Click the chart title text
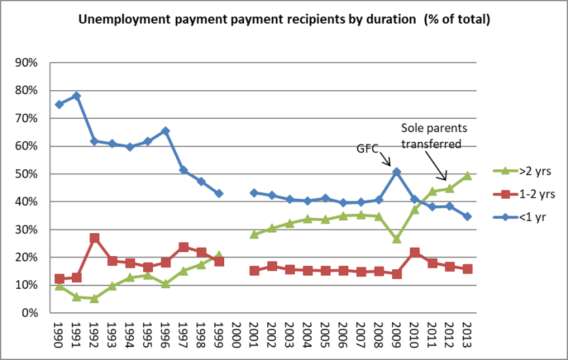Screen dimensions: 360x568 click(284, 20)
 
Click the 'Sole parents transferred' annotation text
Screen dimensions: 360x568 click(431, 135)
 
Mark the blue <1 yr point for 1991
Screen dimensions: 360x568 click(77, 96)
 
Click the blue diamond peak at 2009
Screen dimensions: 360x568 click(396, 172)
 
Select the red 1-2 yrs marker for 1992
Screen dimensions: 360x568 click(95, 238)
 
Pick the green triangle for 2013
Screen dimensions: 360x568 click(467, 175)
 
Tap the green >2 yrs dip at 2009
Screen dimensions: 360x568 click(396, 238)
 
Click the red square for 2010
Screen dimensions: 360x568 click(414, 252)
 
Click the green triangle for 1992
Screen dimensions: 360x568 click(95, 298)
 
